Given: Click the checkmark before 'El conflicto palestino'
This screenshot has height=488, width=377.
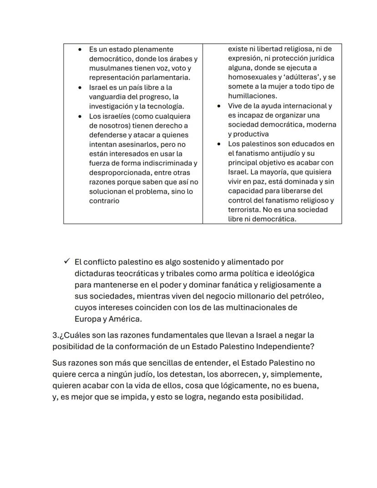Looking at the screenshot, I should coord(67,262).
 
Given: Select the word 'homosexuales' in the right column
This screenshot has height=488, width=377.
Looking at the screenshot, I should coord(250,77).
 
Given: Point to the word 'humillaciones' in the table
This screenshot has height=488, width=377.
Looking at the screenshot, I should coord(252,96).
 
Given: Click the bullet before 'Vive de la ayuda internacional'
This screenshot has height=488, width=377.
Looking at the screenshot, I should coord(219,106).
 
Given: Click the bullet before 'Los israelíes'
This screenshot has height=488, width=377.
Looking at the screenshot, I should coord(80,116).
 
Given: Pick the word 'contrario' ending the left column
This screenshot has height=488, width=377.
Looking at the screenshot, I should coord(104,201).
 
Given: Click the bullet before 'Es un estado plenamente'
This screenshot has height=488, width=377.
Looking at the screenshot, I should coord(80,49).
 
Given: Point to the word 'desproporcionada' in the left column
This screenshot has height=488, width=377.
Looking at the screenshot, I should coord(117,173).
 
